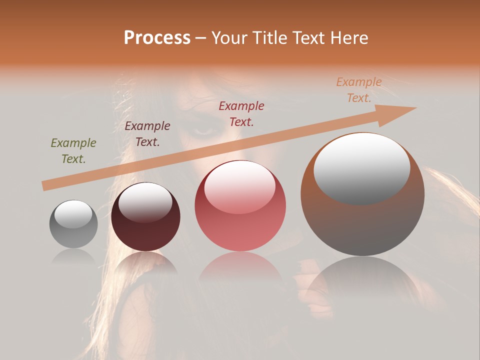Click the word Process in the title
[157, 38]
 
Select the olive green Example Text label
[73, 151]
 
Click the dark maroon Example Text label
[147, 134]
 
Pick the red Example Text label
[241, 114]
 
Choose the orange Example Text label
[359, 90]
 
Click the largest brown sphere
[362, 195]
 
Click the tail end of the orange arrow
[46, 185]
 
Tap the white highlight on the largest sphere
[361, 167]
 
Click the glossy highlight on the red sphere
[240, 186]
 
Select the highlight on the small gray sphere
[73, 214]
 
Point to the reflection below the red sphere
[240, 270]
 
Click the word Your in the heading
[229, 38]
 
